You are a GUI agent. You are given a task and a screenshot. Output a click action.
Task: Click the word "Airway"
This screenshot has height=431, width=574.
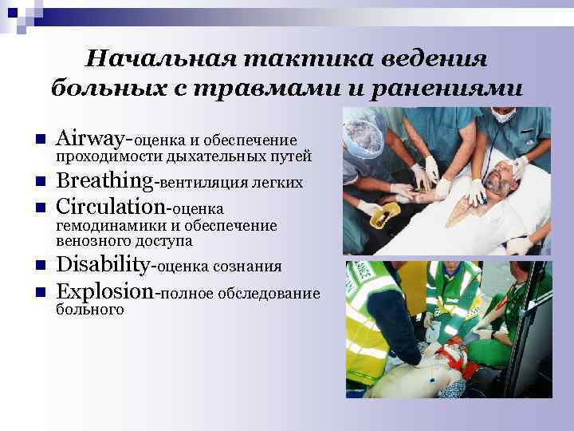pos(88,139)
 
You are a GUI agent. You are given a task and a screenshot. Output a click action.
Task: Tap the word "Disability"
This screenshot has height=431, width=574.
pos(104,265)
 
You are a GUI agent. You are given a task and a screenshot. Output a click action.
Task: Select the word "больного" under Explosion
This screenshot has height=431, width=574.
pos(90,308)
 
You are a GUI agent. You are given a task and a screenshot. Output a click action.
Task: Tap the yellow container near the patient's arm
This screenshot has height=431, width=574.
pos(385,214)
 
